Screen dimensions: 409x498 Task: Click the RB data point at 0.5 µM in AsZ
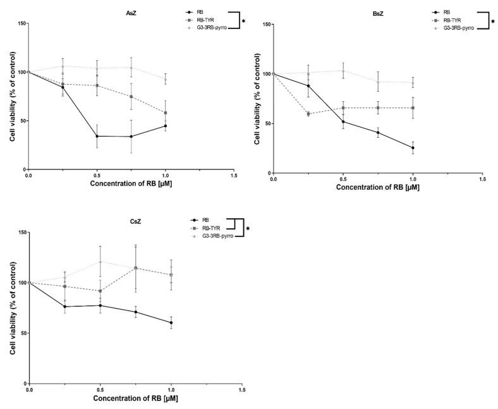(97, 136)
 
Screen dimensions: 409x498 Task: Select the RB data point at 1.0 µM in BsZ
(413, 148)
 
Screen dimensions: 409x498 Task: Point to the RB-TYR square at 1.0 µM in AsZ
(166, 113)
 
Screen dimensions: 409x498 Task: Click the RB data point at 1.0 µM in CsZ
(171, 322)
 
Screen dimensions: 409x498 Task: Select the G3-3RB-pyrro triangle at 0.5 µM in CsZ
(100, 262)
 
